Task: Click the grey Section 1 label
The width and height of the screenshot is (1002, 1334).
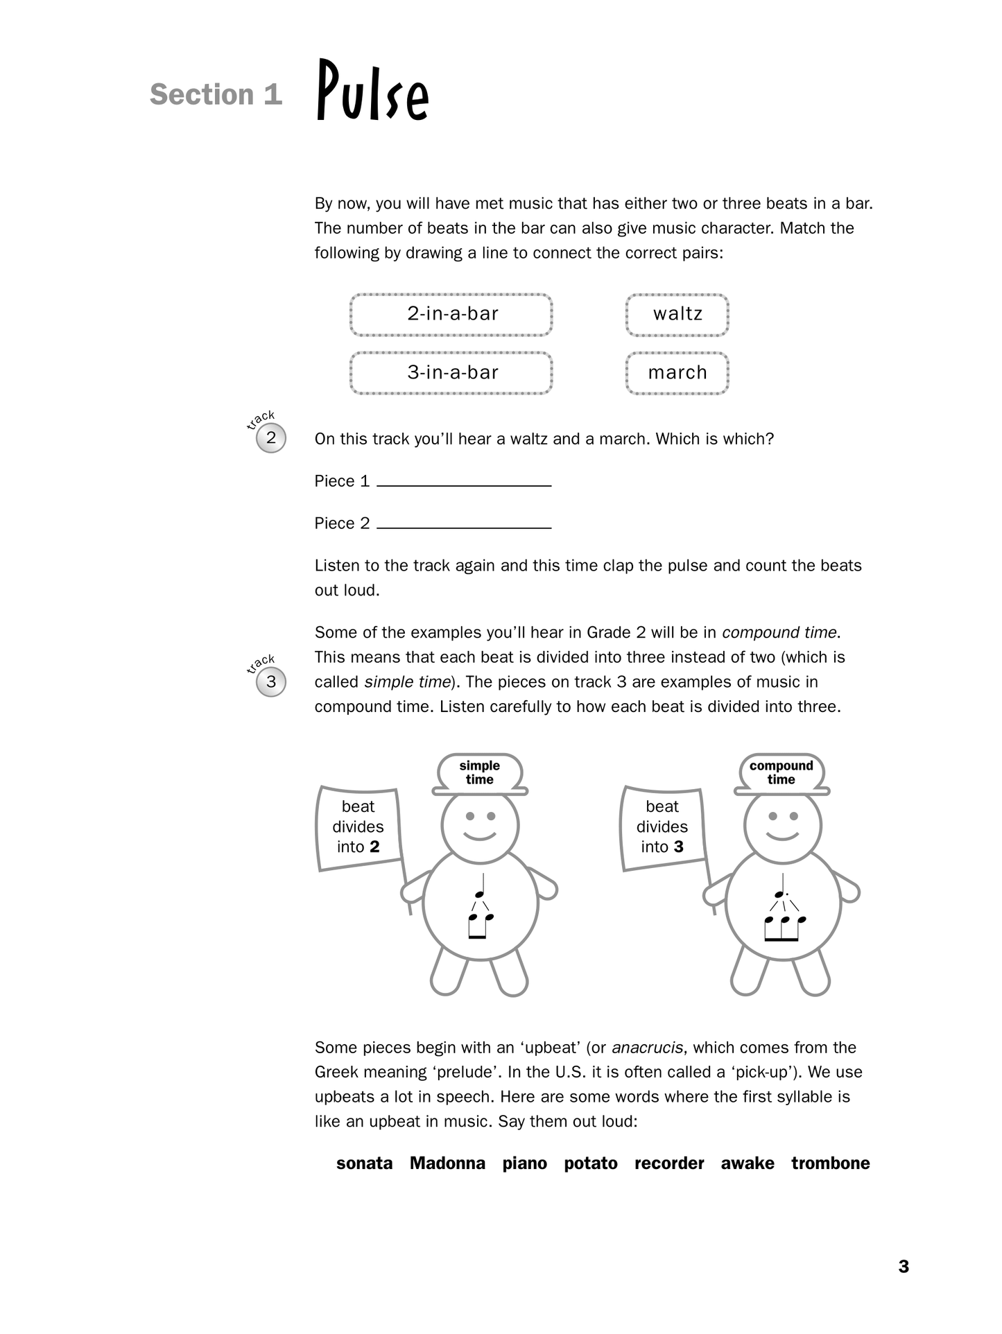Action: pyautogui.click(x=216, y=95)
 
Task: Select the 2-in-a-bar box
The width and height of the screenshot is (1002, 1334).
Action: pyautogui.click(x=451, y=315)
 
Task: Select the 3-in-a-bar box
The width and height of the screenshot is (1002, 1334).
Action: pyautogui.click(x=451, y=373)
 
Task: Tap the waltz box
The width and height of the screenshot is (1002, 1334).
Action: pyautogui.click(x=677, y=315)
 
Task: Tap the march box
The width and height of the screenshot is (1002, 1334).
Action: pyautogui.click(x=677, y=373)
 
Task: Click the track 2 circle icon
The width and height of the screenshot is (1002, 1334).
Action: pyautogui.click(x=270, y=438)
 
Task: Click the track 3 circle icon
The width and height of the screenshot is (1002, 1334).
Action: pyautogui.click(x=270, y=682)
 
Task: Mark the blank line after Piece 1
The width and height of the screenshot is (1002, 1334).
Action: pyautogui.click(x=464, y=483)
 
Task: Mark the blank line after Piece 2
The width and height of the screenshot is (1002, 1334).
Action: pyautogui.click(x=464, y=526)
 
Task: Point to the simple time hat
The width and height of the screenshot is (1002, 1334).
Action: pyautogui.click(x=480, y=773)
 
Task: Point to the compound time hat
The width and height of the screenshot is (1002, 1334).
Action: pyautogui.click(x=781, y=773)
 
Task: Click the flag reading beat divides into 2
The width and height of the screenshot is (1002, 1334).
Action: pyautogui.click(x=359, y=827)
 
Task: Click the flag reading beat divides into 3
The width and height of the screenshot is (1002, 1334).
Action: pyautogui.click(x=662, y=827)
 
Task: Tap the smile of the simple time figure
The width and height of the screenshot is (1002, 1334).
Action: pyautogui.click(x=480, y=835)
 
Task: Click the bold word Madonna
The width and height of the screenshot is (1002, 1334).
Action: pyautogui.click(x=447, y=1163)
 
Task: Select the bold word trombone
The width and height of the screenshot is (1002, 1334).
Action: pyautogui.click(x=830, y=1163)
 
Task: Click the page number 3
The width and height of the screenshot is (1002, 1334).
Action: pyautogui.click(x=904, y=1267)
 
